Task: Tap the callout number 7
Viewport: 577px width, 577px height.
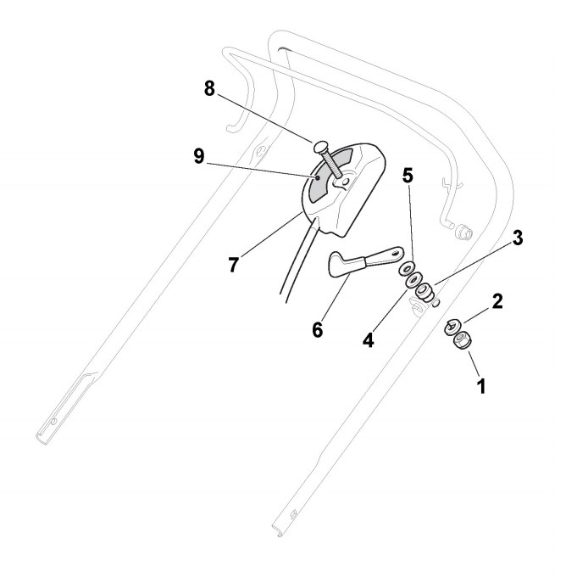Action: pos(233,264)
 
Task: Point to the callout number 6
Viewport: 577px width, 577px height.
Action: pos(318,329)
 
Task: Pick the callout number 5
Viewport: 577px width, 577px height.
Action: pos(408,176)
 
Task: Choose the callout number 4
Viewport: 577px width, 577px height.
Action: pos(369,340)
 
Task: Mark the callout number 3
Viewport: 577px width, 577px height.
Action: pos(517,238)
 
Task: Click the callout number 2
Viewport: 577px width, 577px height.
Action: pos(497,300)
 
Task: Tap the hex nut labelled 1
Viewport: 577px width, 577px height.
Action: pos(463,342)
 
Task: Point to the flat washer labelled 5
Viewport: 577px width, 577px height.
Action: pos(405,269)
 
